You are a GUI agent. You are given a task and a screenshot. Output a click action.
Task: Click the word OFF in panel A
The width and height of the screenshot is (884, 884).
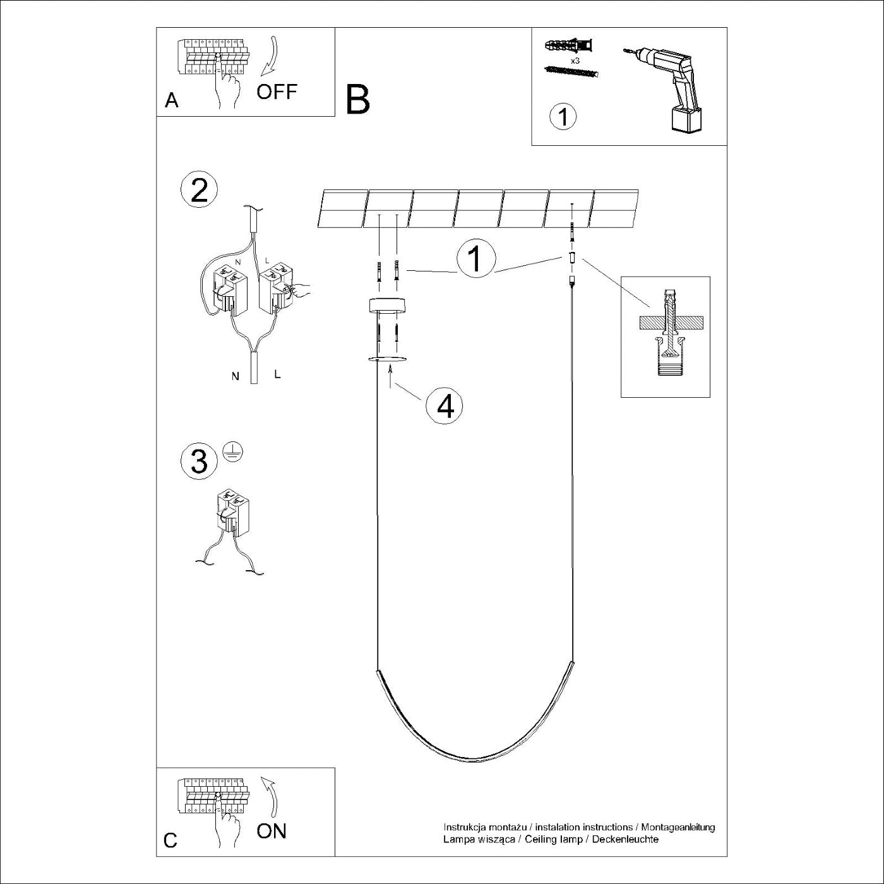point(277,92)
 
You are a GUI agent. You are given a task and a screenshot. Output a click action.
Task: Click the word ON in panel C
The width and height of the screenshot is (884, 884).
point(272,831)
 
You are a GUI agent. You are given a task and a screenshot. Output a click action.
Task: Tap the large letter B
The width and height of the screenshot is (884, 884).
point(358,100)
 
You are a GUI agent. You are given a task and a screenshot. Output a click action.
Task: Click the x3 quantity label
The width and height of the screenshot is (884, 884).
point(575,61)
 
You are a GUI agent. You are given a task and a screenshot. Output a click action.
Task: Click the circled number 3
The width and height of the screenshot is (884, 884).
point(199,462)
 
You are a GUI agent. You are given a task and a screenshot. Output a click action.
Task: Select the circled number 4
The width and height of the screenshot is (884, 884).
point(444,405)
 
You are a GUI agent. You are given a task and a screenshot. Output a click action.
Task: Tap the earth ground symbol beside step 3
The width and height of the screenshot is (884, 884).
point(232,452)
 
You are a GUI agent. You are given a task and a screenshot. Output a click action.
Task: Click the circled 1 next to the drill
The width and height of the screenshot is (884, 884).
point(563,116)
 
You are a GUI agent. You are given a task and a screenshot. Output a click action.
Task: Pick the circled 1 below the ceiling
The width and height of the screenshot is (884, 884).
point(476,259)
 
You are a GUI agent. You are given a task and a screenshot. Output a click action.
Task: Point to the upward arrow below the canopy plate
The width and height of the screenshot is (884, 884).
point(390,376)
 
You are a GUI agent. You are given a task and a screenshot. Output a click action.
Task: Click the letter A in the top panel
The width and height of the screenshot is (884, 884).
point(172,100)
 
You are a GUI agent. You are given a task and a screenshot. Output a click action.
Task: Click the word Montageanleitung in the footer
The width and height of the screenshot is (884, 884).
point(678,828)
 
